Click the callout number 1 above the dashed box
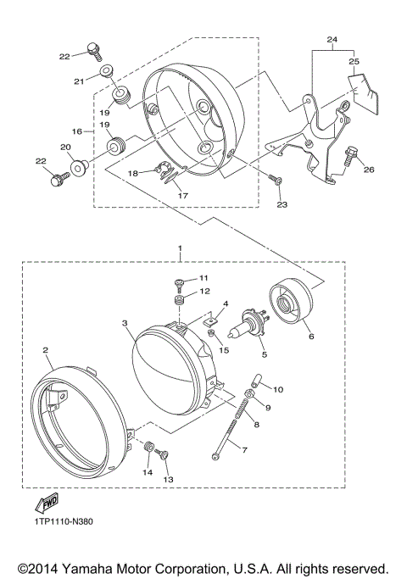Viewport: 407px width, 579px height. tap(178, 248)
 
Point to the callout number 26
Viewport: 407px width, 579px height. tap(368, 170)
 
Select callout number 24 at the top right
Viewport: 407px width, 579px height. tap(332, 40)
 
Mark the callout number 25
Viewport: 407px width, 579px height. tap(354, 62)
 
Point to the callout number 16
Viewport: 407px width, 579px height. tap(77, 131)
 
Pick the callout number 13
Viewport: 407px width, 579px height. tap(167, 479)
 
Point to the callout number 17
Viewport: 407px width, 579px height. tap(181, 194)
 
